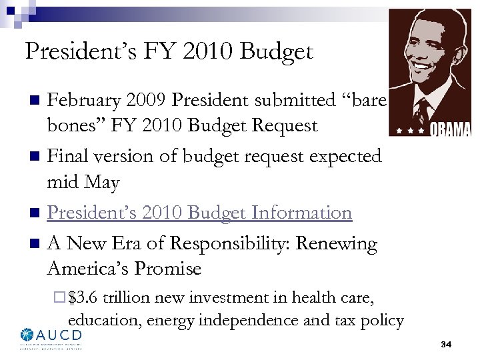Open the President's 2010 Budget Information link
[x=199, y=213]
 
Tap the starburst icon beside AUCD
[x=27, y=335]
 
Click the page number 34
[x=446, y=344]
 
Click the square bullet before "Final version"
[x=37, y=157]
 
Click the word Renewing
[x=337, y=244]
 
